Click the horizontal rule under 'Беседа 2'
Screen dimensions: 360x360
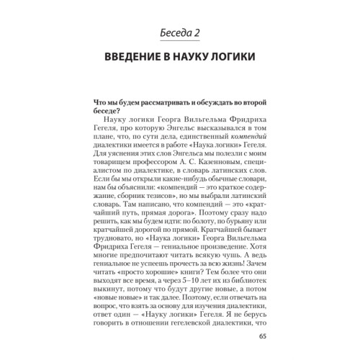[180, 42]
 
